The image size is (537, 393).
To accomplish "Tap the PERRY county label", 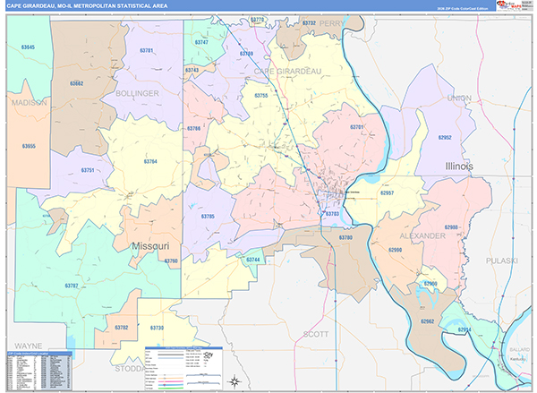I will point(331,24).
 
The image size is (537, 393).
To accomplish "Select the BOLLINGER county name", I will point(136,92).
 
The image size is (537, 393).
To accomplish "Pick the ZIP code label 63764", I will point(149,161).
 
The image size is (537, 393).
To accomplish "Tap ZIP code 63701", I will point(357,127).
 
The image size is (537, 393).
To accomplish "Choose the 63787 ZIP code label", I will point(72,285).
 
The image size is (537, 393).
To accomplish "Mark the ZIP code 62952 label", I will point(445,138).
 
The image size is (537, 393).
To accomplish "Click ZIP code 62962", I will point(427,320).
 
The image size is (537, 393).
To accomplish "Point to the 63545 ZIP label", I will point(28,47).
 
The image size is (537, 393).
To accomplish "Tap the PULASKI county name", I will point(503,260).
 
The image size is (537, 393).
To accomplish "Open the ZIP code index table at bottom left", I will point(40,368).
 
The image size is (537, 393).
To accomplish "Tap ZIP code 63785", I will point(208,217).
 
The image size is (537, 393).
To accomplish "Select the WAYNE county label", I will point(27,345).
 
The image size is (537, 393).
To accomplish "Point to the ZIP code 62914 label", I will point(464,329).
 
